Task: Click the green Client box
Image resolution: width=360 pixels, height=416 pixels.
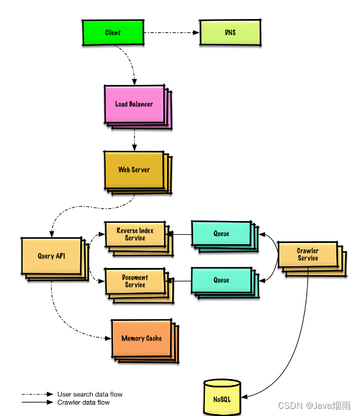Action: pyautogui.click(x=113, y=32)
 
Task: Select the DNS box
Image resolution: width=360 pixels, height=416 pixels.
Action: pyautogui.click(x=230, y=32)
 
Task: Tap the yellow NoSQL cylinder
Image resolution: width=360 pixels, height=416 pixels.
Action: pyautogui.click(x=222, y=398)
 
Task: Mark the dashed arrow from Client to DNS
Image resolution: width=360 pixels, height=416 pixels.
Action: pyautogui.click(x=171, y=33)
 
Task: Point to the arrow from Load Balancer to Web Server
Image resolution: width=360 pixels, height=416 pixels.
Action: pyautogui.click(x=134, y=140)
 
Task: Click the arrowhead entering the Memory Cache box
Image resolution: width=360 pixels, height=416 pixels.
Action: pyautogui.click(x=108, y=338)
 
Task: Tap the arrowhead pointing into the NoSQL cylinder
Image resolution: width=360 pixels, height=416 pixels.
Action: pyautogui.click(x=244, y=397)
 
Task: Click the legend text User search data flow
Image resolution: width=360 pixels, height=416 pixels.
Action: pyautogui.click(x=90, y=394)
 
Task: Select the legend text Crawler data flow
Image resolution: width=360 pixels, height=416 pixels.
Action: pyautogui.click(x=84, y=402)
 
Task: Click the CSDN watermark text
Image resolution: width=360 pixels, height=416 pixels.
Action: pyautogui.click(x=314, y=406)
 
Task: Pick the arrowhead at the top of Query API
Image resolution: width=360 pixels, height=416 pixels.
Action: pyautogui.click(x=52, y=234)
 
